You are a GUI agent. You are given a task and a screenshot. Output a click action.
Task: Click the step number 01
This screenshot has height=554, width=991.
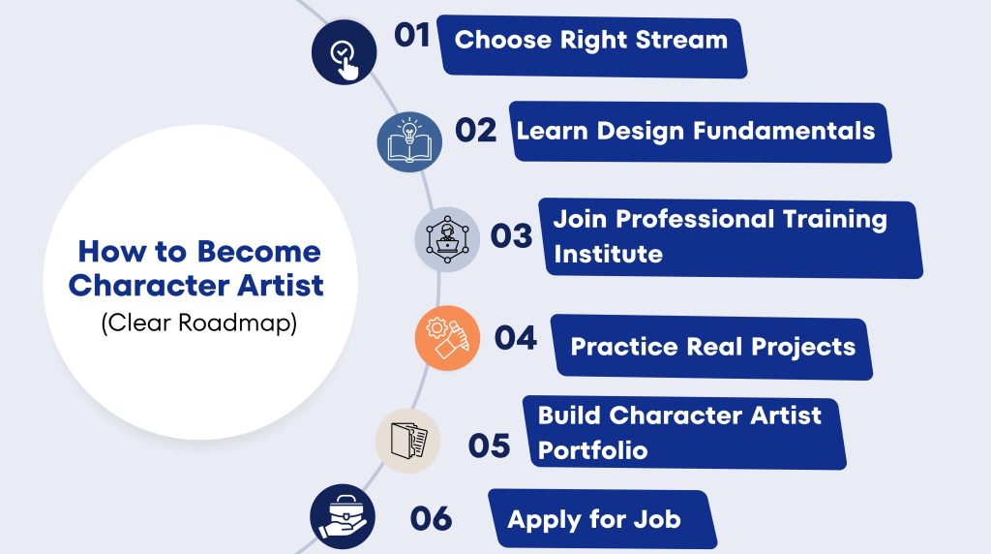point(412,35)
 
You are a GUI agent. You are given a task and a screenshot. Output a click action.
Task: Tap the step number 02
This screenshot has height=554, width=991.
point(476,131)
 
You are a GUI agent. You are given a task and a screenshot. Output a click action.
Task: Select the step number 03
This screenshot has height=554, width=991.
point(511,236)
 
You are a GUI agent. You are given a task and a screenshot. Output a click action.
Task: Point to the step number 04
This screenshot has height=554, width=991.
point(516,338)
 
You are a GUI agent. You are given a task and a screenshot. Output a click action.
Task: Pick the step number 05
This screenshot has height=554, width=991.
point(489,446)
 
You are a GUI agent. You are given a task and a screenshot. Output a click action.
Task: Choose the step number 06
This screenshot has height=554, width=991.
point(431,518)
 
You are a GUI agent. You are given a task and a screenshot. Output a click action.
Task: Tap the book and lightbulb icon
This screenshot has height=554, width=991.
point(409,141)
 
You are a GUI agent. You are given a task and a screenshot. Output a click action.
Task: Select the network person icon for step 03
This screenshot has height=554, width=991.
point(447,239)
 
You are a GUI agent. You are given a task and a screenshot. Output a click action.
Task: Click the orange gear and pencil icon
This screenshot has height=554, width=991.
point(447,338)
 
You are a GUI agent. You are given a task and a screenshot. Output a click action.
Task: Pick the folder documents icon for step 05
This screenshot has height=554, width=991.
point(408,441)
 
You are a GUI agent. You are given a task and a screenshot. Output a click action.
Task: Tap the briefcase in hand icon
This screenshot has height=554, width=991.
point(343,516)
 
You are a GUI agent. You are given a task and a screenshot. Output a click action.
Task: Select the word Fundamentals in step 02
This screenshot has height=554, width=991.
point(784,131)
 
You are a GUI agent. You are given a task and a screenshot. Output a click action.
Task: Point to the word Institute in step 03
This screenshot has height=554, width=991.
point(608,254)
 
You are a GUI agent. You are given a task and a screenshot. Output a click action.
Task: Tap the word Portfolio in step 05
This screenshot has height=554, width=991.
point(593,450)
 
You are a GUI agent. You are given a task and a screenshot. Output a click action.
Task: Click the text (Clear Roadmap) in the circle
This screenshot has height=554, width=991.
point(199,323)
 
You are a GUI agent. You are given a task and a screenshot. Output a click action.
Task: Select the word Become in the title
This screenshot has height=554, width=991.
point(259,252)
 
